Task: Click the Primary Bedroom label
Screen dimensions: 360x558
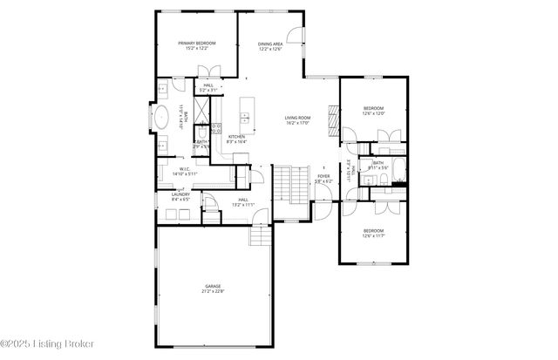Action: pyautogui.click(x=197, y=43)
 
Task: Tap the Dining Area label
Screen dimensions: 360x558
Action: pyautogui.click(x=270, y=44)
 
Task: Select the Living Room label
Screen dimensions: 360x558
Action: pyautogui.click(x=298, y=118)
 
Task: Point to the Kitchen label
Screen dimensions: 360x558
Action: pyautogui.click(x=237, y=137)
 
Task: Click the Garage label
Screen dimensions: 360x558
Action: pyautogui.click(x=213, y=285)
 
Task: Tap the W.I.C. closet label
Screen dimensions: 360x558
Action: pyautogui.click(x=185, y=169)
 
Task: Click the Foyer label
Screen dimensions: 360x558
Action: pyautogui.click(x=323, y=176)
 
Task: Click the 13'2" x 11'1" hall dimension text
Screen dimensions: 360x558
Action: pyautogui.click(x=243, y=205)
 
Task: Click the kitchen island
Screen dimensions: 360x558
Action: pyautogui.click(x=245, y=109)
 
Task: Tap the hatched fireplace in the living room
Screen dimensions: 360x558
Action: pyautogui.click(x=331, y=116)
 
